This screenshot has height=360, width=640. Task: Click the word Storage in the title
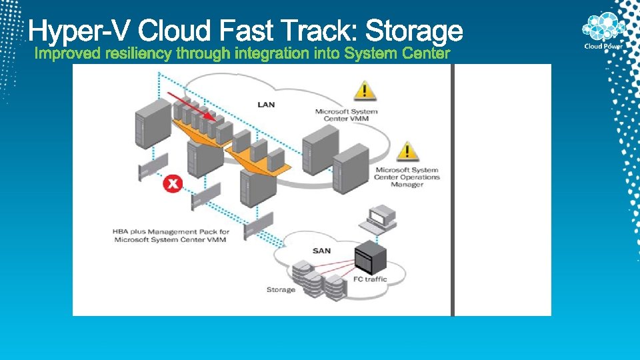click(x=414, y=31)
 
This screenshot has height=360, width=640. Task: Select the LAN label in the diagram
click(x=266, y=105)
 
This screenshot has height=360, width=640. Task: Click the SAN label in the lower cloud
click(x=321, y=251)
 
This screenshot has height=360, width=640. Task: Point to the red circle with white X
click(x=173, y=183)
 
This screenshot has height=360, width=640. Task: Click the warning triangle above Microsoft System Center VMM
click(x=363, y=90)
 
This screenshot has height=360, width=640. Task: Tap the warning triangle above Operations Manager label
click(x=407, y=151)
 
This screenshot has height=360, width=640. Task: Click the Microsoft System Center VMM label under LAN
click(x=346, y=115)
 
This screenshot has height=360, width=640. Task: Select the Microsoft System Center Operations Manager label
click(x=407, y=177)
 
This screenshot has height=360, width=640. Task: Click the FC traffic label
click(x=371, y=279)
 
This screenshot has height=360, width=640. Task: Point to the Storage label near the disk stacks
click(x=281, y=289)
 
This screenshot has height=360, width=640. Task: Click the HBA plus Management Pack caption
click(x=171, y=235)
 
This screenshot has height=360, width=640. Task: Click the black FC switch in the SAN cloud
click(x=371, y=253)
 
